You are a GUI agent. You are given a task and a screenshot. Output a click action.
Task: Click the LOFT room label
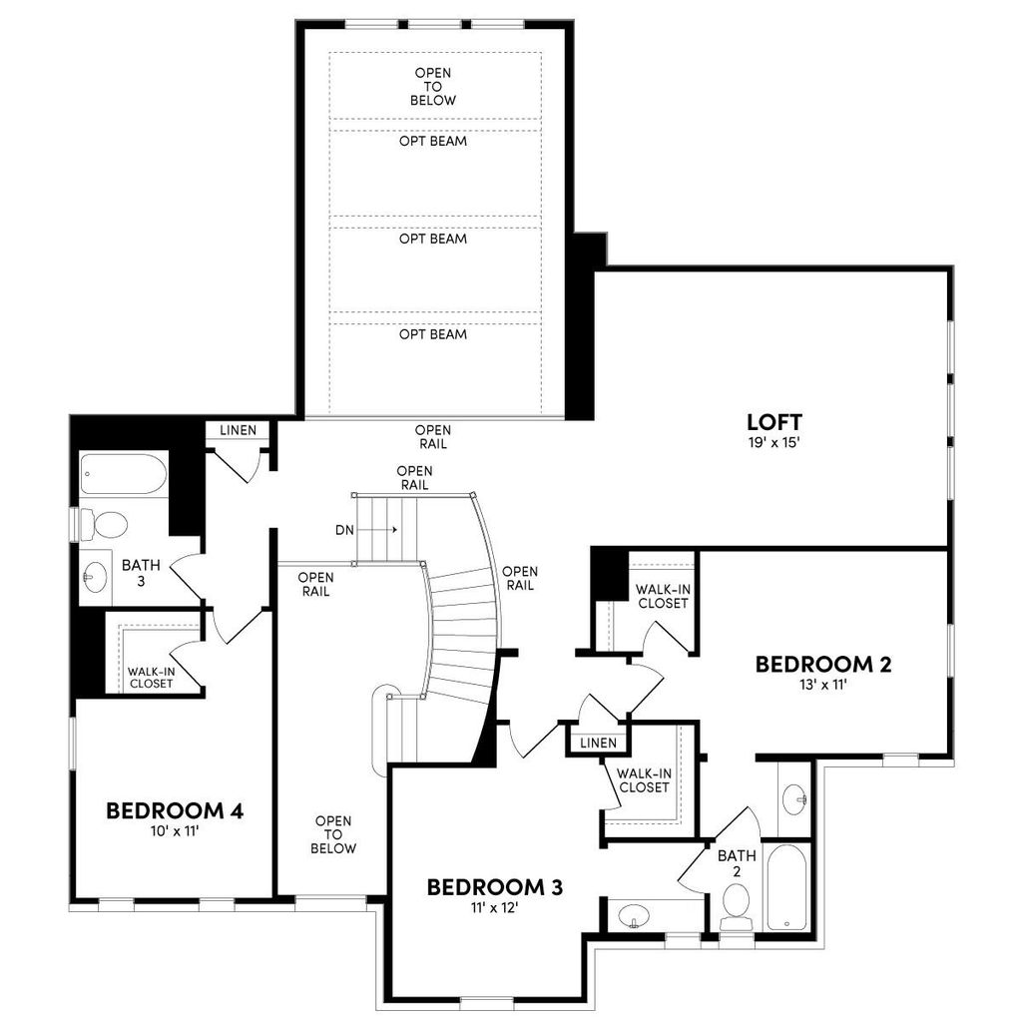(773, 422)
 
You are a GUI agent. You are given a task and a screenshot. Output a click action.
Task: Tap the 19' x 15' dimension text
(773, 442)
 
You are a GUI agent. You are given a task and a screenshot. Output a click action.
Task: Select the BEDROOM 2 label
(823, 664)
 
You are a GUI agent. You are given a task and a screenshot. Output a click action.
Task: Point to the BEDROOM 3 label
(495, 886)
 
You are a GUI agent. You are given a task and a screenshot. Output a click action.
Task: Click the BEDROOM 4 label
(175, 810)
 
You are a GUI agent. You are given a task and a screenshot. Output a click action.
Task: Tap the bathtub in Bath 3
(123, 474)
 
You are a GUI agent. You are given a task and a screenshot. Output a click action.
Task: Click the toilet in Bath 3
(103, 525)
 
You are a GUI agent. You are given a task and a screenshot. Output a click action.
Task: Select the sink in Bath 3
(95, 577)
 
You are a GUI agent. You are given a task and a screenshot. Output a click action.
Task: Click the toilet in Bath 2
(737, 906)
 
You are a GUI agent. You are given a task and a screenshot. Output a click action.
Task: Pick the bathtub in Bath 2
(787, 886)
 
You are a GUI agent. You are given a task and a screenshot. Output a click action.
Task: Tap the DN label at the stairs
(344, 531)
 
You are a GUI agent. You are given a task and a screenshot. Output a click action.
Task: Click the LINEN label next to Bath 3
(238, 430)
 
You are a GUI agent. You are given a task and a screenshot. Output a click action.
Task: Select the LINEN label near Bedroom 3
(599, 743)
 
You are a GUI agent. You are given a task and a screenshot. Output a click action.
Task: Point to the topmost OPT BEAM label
(433, 141)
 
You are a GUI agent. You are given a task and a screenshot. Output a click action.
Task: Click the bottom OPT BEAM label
(433, 334)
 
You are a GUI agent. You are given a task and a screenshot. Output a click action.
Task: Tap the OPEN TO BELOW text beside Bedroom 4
(333, 834)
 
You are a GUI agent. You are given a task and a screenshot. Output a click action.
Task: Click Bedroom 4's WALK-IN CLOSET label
(152, 678)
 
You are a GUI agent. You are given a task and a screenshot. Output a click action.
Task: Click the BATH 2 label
(738, 863)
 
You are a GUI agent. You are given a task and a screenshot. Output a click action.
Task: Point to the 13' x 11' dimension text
(823, 685)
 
